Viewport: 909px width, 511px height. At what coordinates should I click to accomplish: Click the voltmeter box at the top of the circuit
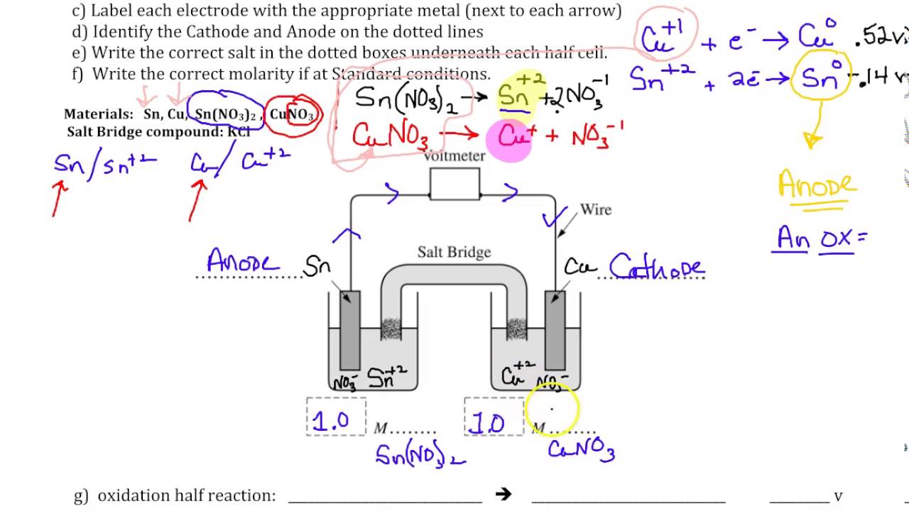[x=454, y=185]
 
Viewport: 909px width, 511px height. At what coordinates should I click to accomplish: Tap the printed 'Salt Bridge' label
[x=454, y=252]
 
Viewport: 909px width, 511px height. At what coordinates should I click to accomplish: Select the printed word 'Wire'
[x=595, y=209]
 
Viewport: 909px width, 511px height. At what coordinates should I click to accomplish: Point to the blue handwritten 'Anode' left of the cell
[x=242, y=262]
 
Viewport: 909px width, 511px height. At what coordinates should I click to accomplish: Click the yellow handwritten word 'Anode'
[x=817, y=186]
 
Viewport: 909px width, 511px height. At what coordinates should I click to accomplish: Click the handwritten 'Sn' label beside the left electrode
[x=317, y=267]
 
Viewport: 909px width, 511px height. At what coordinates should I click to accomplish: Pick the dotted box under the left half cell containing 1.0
[x=336, y=417]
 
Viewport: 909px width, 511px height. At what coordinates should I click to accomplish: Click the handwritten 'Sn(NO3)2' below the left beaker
[x=420, y=454]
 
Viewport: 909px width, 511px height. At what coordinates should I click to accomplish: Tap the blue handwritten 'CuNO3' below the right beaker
[x=580, y=449]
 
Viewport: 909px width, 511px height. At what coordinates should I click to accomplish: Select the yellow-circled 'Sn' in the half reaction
[x=820, y=79]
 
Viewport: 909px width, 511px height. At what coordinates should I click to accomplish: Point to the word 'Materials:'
[x=99, y=114]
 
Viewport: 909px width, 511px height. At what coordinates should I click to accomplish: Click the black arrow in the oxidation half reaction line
[x=504, y=494]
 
